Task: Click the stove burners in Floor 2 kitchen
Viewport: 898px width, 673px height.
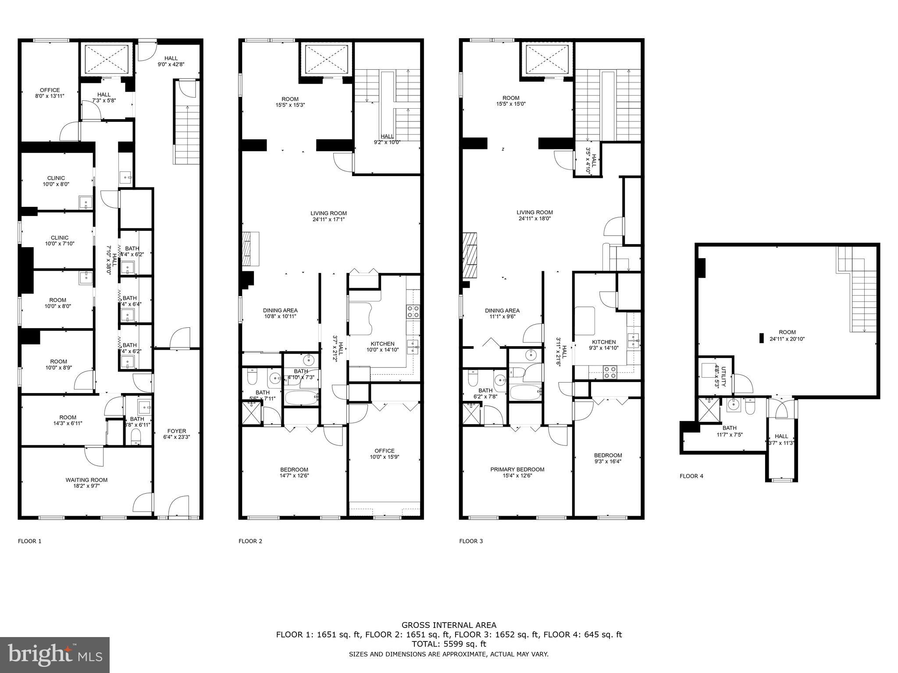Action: pos(413,312)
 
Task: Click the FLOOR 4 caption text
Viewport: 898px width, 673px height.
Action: pos(691,476)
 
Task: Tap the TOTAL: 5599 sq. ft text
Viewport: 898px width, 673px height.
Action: pos(449,644)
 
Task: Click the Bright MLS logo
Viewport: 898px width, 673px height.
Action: pos(55,655)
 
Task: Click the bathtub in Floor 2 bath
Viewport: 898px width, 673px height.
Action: pos(301,398)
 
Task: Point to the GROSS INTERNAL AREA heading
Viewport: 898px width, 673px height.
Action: pos(449,625)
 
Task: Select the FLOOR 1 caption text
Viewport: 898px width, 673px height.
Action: pos(29,541)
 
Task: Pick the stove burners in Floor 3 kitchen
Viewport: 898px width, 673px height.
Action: pos(609,372)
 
